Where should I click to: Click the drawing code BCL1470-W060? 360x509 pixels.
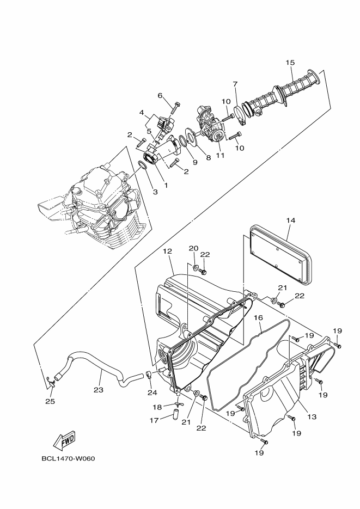[x=68, y=458]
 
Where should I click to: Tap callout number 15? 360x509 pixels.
[x=290, y=62]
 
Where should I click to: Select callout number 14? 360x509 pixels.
[x=290, y=220]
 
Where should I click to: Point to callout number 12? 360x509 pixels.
[x=167, y=252]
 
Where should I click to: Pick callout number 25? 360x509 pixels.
[x=50, y=401]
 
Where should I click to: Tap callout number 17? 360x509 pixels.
[x=154, y=420]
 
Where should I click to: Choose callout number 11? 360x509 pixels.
[x=220, y=156]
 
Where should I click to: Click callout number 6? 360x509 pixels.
[x=160, y=96]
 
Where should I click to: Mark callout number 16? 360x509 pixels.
[x=258, y=317]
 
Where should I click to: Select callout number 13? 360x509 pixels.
[x=312, y=416]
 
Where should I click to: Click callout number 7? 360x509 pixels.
[x=235, y=84]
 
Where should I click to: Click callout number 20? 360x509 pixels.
[x=193, y=248]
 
